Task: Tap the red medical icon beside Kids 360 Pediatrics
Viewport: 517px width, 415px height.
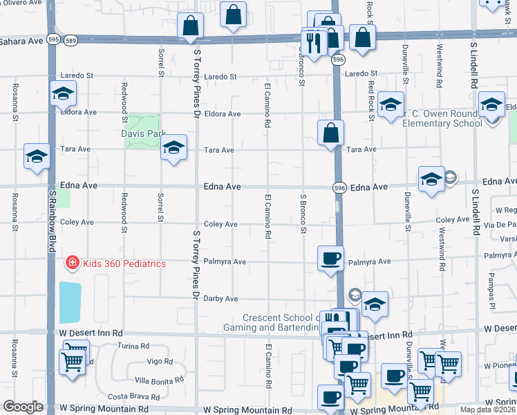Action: (x=71, y=263)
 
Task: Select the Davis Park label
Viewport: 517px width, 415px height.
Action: (x=143, y=133)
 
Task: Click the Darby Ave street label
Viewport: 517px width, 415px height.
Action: (x=220, y=299)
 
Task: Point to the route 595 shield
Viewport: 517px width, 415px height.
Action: (x=53, y=39)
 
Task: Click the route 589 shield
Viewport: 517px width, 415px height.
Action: (x=70, y=39)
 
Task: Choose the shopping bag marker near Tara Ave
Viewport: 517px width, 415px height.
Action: (x=332, y=131)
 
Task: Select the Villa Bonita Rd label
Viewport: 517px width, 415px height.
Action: (x=159, y=380)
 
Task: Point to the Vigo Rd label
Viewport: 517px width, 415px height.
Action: (x=160, y=362)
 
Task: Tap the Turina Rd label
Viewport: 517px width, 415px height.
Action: (x=133, y=346)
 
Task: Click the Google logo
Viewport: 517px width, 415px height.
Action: (x=23, y=407)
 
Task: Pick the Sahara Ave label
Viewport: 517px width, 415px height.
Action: (x=21, y=41)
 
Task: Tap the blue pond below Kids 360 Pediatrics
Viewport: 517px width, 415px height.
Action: (x=70, y=302)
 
